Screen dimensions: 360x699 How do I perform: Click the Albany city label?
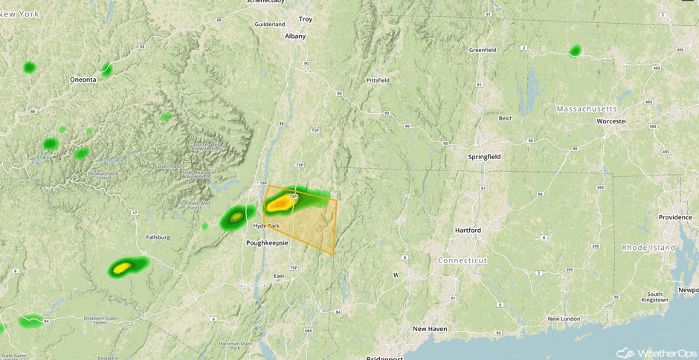pos(295,35)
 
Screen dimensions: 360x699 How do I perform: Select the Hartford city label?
pos(468,231)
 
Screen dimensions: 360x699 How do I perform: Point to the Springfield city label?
pos(484,157)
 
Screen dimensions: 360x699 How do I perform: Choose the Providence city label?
pos(675,217)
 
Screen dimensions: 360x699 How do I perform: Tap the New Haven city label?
pos(431,328)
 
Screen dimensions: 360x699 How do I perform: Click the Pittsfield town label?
pos(378,80)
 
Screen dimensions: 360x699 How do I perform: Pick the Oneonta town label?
pos(83,79)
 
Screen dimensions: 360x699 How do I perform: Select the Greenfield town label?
pos(482,50)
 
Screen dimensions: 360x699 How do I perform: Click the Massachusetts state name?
pos(587,109)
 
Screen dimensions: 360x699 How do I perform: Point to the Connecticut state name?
pos(462,260)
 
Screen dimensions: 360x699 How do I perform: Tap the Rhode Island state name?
pos(648,247)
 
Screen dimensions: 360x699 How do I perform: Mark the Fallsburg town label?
pos(158,237)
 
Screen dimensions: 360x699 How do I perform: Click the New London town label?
pos(564,319)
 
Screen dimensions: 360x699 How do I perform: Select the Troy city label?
pos(306,19)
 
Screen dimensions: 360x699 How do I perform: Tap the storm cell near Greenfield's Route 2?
pos(575,51)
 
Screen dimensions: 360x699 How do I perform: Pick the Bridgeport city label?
pos(384,358)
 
